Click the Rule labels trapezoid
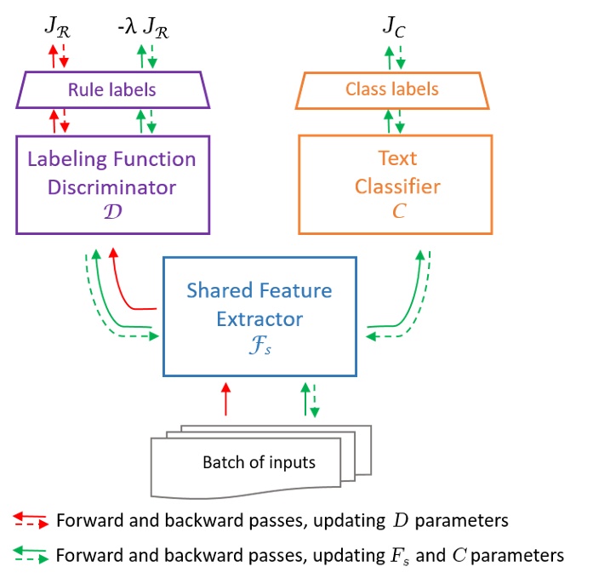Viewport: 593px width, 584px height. (x=112, y=89)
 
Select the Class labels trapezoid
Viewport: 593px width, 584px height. (x=392, y=89)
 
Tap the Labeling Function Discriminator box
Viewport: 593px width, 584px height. (x=112, y=183)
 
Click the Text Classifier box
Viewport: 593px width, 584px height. (x=394, y=183)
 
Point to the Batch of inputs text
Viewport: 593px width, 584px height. (x=259, y=463)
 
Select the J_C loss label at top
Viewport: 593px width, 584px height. (x=394, y=27)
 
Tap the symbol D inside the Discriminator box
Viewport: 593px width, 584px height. (x=111, y=209)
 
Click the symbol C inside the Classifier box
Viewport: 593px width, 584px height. (x=393, y=209)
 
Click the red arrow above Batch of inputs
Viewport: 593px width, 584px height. (x=225, y=399)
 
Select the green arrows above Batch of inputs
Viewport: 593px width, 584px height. (x=310, y=399)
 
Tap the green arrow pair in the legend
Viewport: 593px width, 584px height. (x=31, y=555)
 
